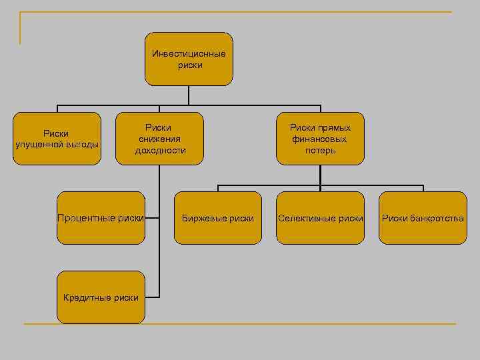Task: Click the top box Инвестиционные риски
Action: (189, 59)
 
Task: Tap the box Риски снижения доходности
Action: (160, 138)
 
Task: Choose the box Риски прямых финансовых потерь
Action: (320, 138)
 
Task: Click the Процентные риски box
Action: (101, 218)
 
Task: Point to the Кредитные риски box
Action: (101, 297)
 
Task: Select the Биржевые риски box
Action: (218, 218)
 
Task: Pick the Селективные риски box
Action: (320, 218)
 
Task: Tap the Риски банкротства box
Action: (423, 218)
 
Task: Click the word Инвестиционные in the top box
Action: (189, 54)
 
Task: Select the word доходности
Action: (160, 150)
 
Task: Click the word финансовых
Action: (319, 139)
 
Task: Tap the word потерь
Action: (321, 150)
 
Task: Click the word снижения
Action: (160, 139)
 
